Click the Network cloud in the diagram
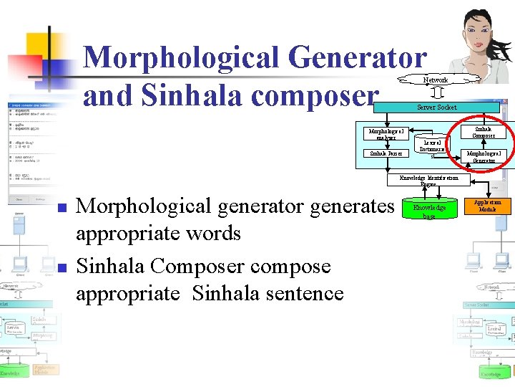click(435, 80)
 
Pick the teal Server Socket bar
click(436, 107)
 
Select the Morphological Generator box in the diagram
click(489, 157)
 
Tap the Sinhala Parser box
click(386, 153)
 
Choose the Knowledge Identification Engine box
click(429, 181)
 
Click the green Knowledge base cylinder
click(428, 211)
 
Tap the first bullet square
click(62, 209)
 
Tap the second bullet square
click(62, 268)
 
